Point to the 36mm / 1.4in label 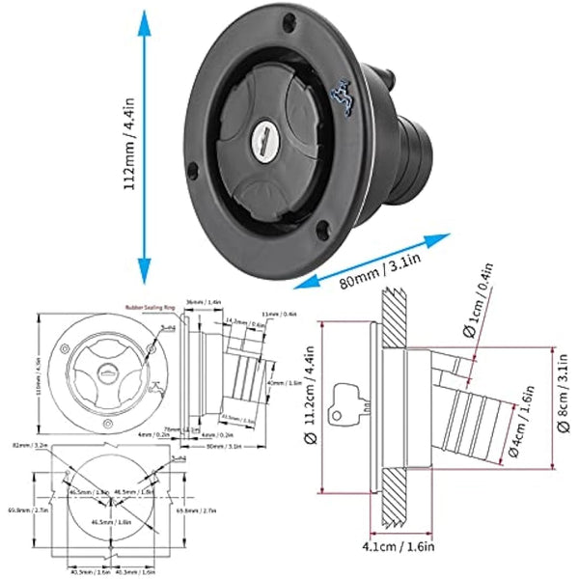pos(200,301)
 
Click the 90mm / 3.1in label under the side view pos(230,445)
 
